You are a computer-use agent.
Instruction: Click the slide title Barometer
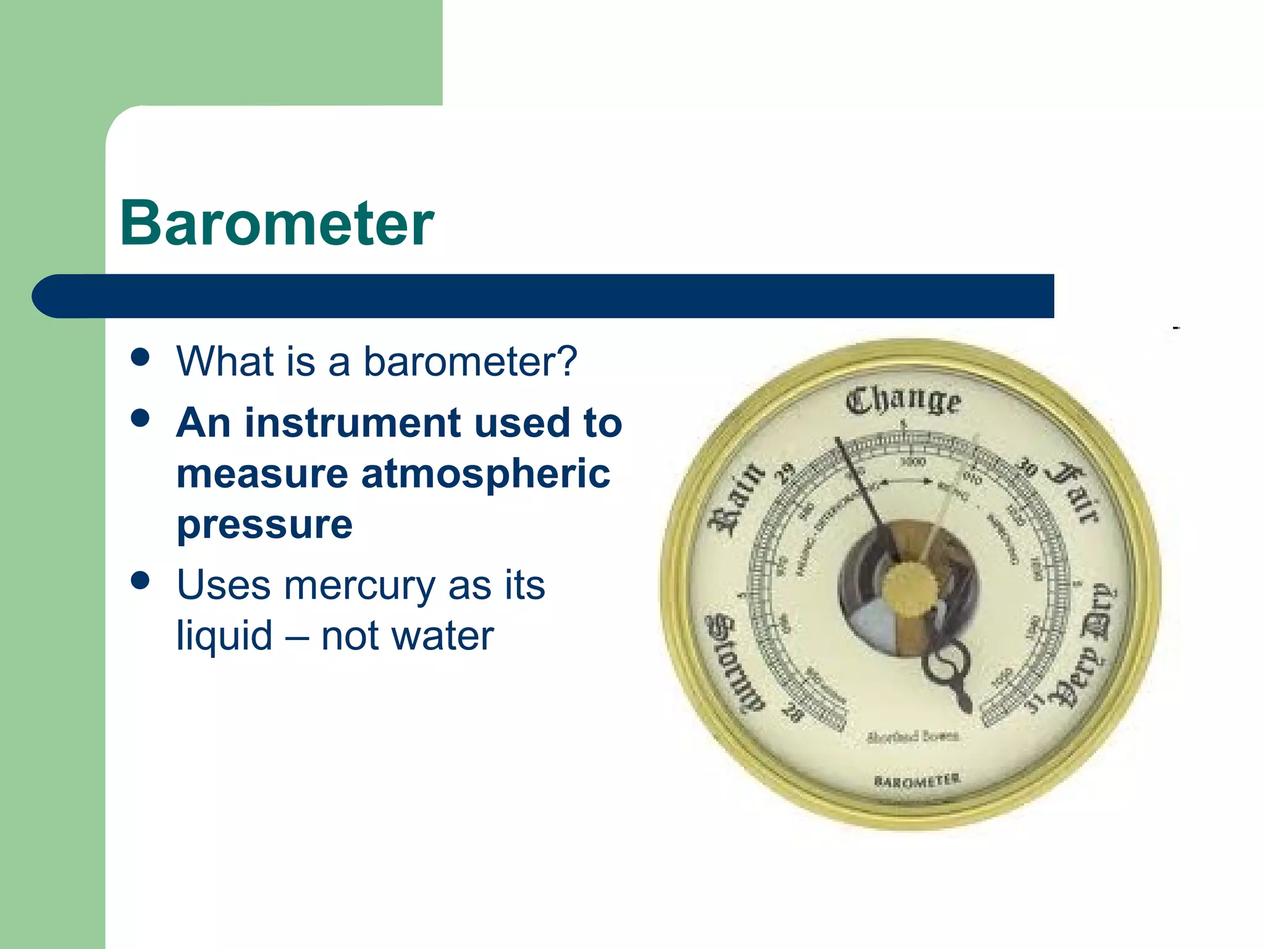point(277,224)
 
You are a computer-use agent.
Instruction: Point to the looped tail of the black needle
point(945,664)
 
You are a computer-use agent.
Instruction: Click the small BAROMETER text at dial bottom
point(917,780)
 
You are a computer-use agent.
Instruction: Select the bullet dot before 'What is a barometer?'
point(141,357)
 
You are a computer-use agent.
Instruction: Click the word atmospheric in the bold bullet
point(485,474)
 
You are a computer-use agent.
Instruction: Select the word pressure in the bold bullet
point(264,525)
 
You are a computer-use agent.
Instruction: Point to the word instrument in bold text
point(353,423)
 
